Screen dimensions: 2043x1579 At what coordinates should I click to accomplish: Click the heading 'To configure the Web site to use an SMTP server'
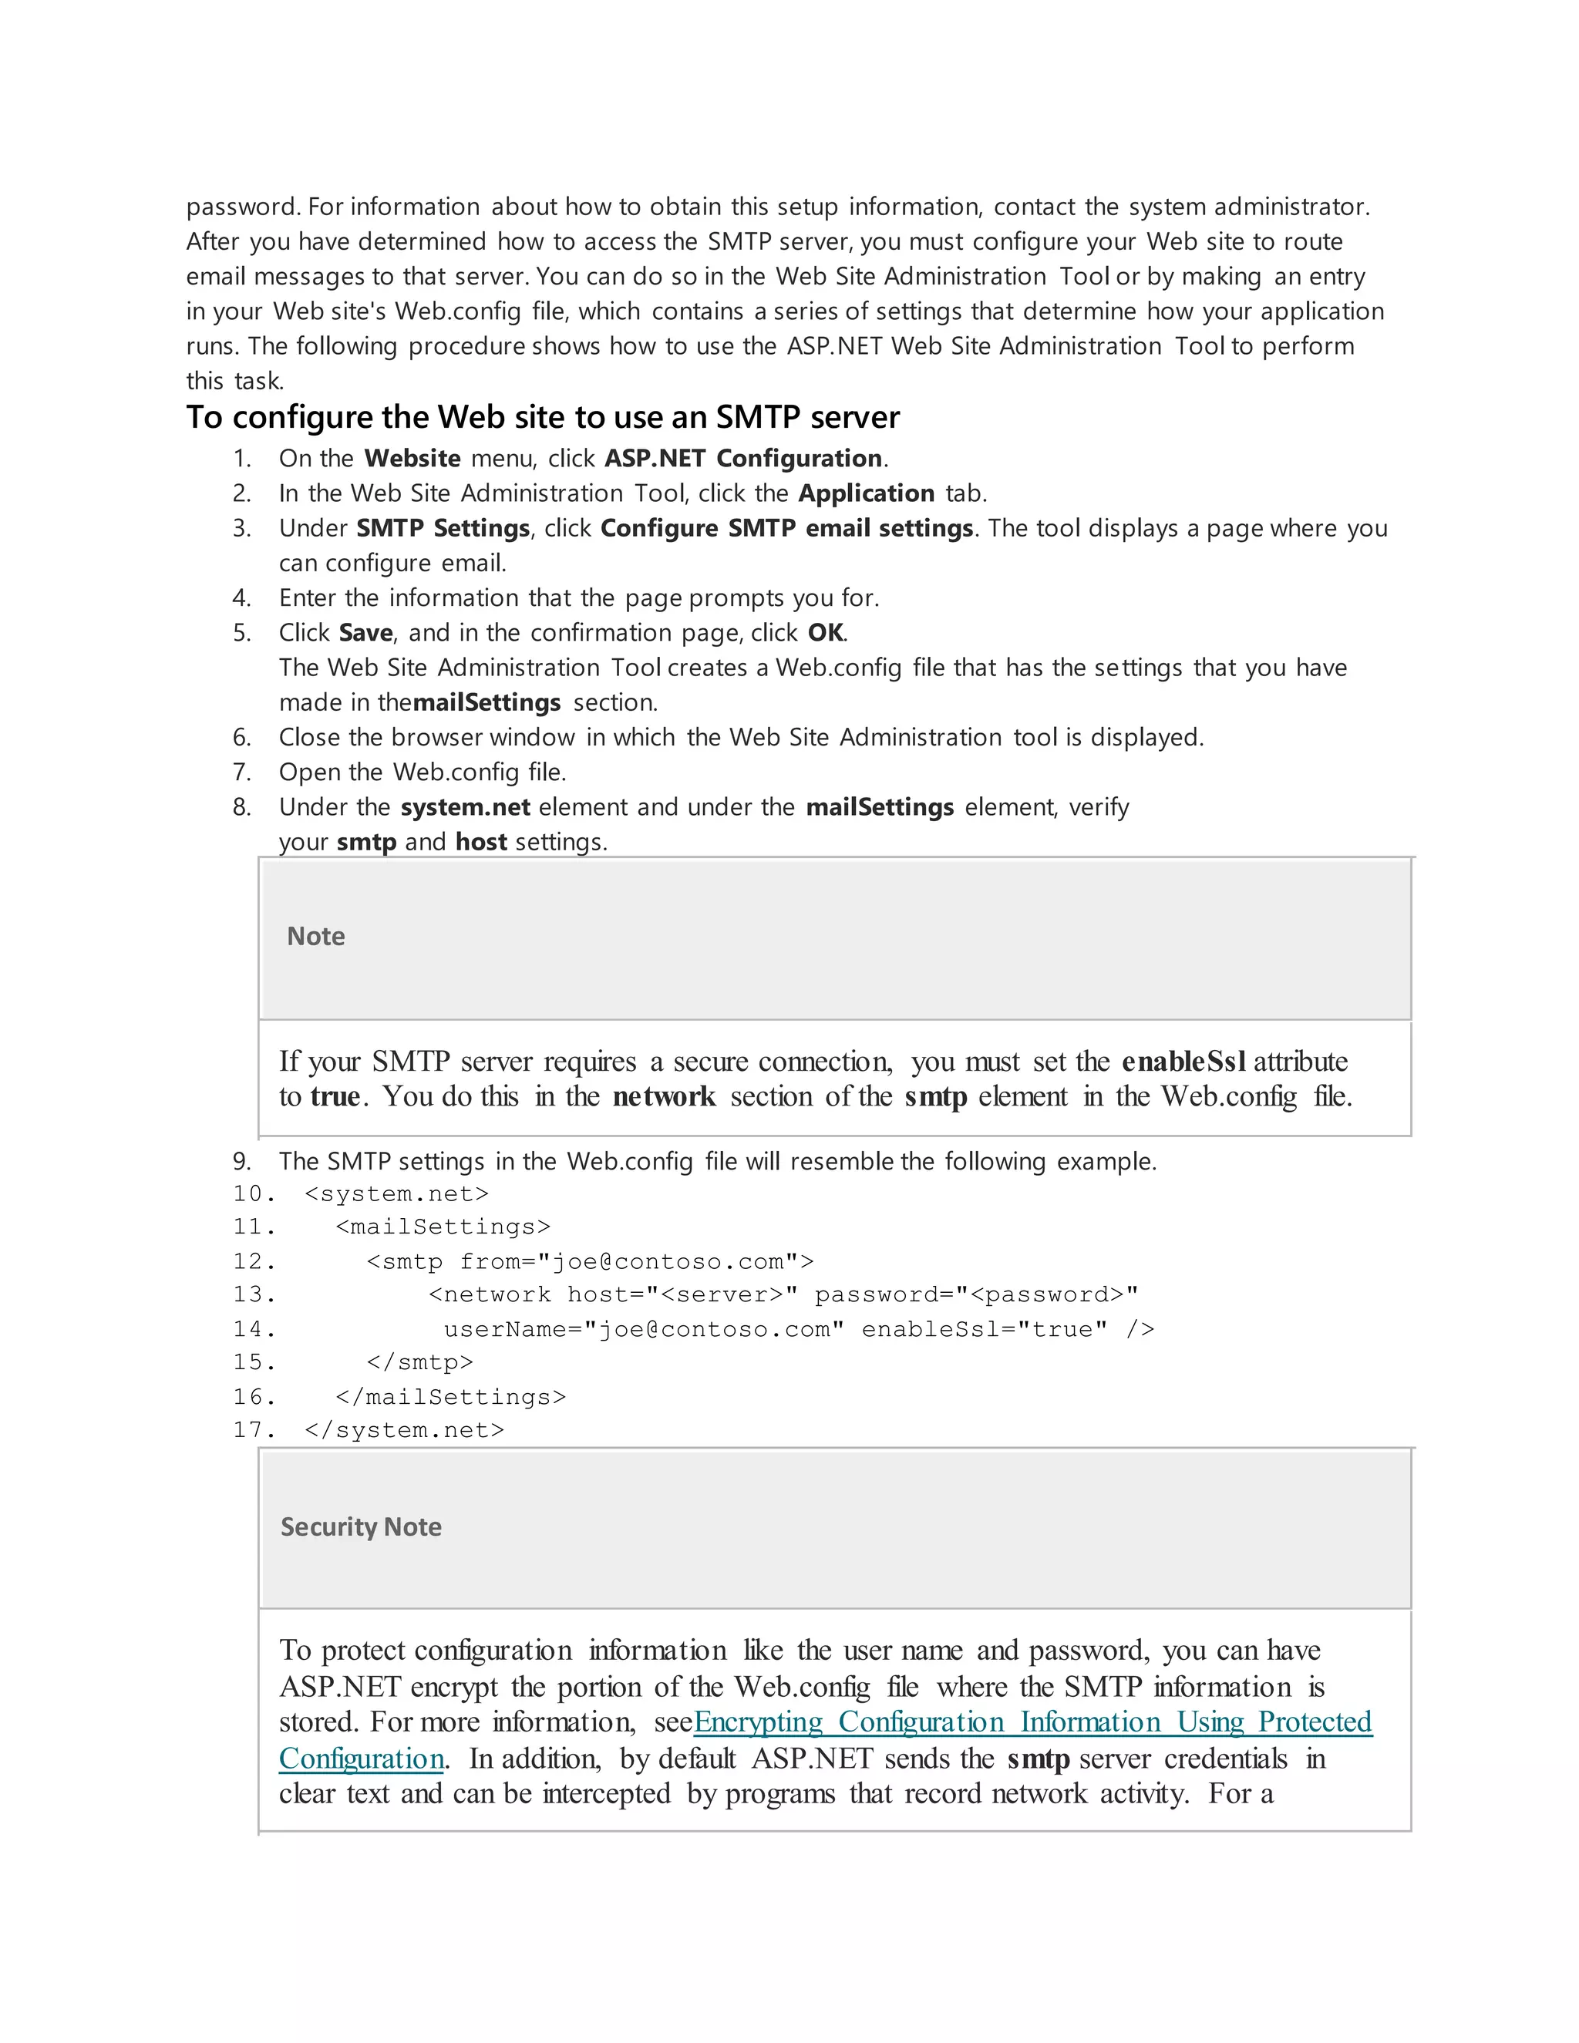coord(543,417)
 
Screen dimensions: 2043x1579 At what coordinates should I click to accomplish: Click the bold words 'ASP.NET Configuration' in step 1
coord(744,459)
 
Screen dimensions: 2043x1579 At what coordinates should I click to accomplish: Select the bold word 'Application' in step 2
coord(866,493)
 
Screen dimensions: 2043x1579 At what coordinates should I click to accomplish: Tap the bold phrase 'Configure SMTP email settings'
coord(786,529)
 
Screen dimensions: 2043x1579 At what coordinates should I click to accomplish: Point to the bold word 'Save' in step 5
coord(365,633)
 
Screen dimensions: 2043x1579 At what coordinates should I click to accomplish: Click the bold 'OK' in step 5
coord(825,633)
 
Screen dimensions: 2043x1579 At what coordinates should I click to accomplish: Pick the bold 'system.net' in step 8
coord(465,807)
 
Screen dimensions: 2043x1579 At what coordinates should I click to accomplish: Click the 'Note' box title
coord(316,937)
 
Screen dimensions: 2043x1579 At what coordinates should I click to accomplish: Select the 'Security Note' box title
coord(361,1526)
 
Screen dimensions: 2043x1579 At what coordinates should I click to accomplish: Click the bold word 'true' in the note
coord(335,1096)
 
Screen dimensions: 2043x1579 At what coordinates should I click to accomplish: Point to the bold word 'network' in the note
coord(664,1096)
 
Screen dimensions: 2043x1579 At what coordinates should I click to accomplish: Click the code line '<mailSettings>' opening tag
coord(443,1227)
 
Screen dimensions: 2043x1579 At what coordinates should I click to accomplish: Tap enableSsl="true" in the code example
coord(984,1330)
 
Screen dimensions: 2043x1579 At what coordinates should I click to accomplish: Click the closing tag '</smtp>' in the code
coord(420,1363)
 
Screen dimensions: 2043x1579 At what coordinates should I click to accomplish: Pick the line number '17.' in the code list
coord(254,1430)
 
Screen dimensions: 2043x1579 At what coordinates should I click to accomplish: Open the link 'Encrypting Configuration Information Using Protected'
coord(1032,1722)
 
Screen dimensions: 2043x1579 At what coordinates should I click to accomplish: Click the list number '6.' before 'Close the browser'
coord(242,738)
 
